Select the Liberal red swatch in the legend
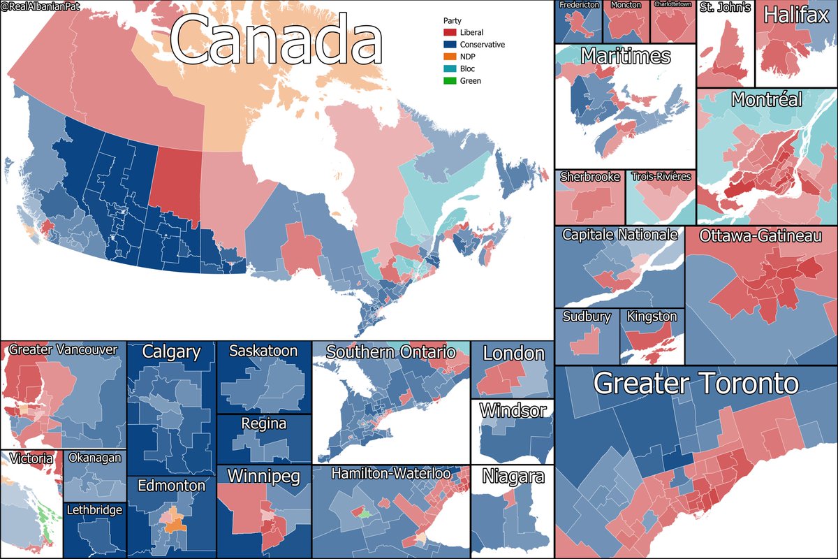click(x=449, y=32)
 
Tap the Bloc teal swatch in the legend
click(x=449, y=68)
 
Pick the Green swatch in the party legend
click(x=449, y=81)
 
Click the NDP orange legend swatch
click(x=449, y=57)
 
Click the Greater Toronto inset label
click(x=695, y=384)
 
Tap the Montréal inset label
click(x=766, y=100)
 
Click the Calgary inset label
click(x=171, y=352)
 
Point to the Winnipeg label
click(x=263, y=477)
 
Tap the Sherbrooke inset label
click(x=589, y=177)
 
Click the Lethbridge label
click(x=94, y=510)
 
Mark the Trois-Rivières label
click(x=660, y=177)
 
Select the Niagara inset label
click(x=512, y=478)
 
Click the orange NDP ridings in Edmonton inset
click(x=172, y=521)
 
